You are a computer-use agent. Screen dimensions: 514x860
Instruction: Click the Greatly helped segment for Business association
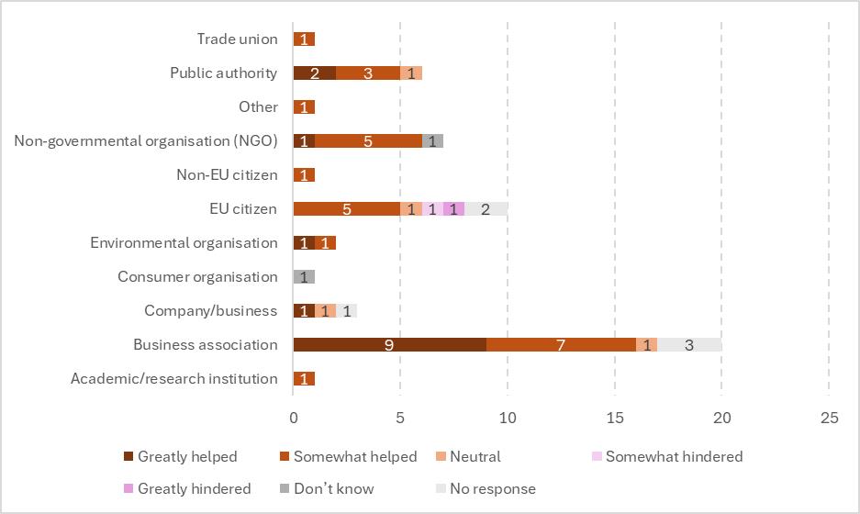[x=389, y=345]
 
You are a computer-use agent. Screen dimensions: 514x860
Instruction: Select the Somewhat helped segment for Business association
[x=561, y=345]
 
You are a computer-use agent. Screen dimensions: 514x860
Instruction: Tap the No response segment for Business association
[x=689, y=345]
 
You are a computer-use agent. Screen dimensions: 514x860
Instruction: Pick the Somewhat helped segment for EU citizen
[x=346, y=208]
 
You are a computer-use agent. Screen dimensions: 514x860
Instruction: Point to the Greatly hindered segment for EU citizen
[x=453, y=208]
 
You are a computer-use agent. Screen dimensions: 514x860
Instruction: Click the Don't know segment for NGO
[x=432, y=140]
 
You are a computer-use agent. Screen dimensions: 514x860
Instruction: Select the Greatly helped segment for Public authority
[x=315, y=73]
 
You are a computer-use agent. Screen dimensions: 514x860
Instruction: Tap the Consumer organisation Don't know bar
[x=304, y=276]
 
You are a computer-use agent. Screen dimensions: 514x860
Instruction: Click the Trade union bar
[x=304, y=39]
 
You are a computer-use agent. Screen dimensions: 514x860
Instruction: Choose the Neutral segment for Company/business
[x=325, y=311]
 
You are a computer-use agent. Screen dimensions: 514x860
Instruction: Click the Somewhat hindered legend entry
[x=674, y=456]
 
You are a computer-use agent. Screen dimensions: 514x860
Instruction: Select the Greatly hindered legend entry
[x=194, y=488]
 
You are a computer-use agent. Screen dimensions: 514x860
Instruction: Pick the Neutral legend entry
[x=475, y=456]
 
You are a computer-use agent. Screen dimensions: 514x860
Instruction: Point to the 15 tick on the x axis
[x=614, y=418]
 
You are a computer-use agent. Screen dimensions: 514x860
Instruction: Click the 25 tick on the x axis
[x=829, y=418]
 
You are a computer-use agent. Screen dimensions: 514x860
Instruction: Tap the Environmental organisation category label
[x=184, y=242]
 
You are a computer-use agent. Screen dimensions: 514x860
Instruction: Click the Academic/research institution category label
[x=173, y=378]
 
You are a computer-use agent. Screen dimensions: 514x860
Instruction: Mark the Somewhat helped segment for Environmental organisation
[x=325, y=242]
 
